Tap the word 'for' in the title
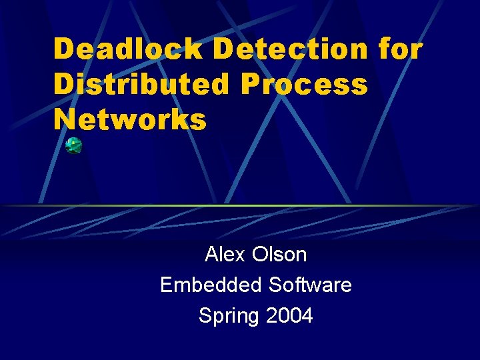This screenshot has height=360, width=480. click(399, 49)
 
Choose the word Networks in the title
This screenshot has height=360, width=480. click(131, 119)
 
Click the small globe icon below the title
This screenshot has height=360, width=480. click(73, 145)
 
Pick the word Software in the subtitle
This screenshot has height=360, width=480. click(310, 285)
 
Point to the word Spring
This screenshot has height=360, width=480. click(229, 316)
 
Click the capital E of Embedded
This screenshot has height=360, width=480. click(166, 285)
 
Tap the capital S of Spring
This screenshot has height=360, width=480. click(205, 315)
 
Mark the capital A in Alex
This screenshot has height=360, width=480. click(211, 254)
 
